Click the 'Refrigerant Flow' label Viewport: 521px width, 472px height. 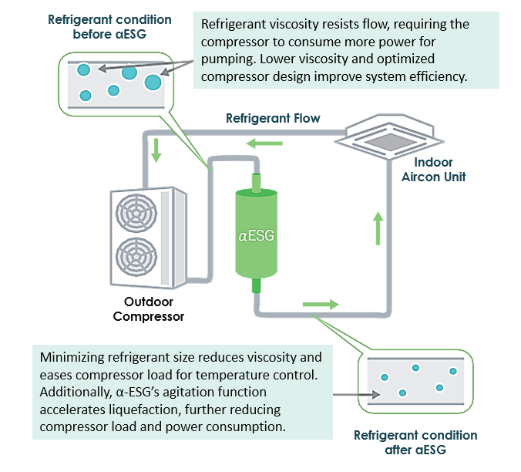click(x=273, y=118)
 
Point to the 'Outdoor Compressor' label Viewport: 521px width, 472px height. click(x=149, y=308)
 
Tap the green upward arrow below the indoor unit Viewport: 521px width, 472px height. click(x=378, y=228)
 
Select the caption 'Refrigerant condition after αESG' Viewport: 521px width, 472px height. click(x=415, y=443)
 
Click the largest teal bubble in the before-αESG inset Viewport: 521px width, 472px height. click(x=153, y=82)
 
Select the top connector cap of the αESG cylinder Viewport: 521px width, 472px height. click(x=257, y=183)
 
